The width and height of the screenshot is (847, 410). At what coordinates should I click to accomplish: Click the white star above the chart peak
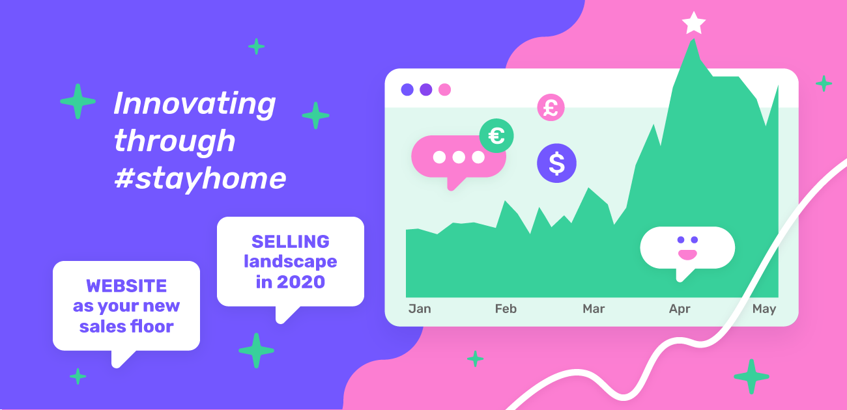point(693,23)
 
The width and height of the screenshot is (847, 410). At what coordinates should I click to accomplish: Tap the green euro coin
point(496,136)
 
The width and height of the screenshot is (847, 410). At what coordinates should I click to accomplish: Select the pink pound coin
point(551,107)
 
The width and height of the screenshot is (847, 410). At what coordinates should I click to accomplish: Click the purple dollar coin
point(556,163)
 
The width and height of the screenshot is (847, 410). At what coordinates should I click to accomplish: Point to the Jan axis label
point(420,308)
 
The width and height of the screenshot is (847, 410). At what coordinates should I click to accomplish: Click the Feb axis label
point(506,308)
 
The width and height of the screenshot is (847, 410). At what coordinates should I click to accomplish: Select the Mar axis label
point(594,308)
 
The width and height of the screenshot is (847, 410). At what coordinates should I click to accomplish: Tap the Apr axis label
point(680,308)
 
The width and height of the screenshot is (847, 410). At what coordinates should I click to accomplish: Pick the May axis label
point(764,308)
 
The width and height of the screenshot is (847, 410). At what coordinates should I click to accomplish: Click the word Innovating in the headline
point(194,103)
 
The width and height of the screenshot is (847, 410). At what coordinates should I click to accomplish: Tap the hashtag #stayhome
point(199,178)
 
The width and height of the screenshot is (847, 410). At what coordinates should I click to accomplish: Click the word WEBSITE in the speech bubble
point(126,286)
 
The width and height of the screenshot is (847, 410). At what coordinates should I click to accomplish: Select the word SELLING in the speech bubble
point(291,241)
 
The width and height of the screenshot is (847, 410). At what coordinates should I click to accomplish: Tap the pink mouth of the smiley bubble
point(687,253)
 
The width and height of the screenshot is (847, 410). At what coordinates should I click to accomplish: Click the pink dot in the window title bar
point(444,90)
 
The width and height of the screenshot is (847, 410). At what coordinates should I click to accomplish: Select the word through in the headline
point(174,141)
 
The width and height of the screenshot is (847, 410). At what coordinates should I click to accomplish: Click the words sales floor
point(126,326)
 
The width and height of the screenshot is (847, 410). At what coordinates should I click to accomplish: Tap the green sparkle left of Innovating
point(78,102)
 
